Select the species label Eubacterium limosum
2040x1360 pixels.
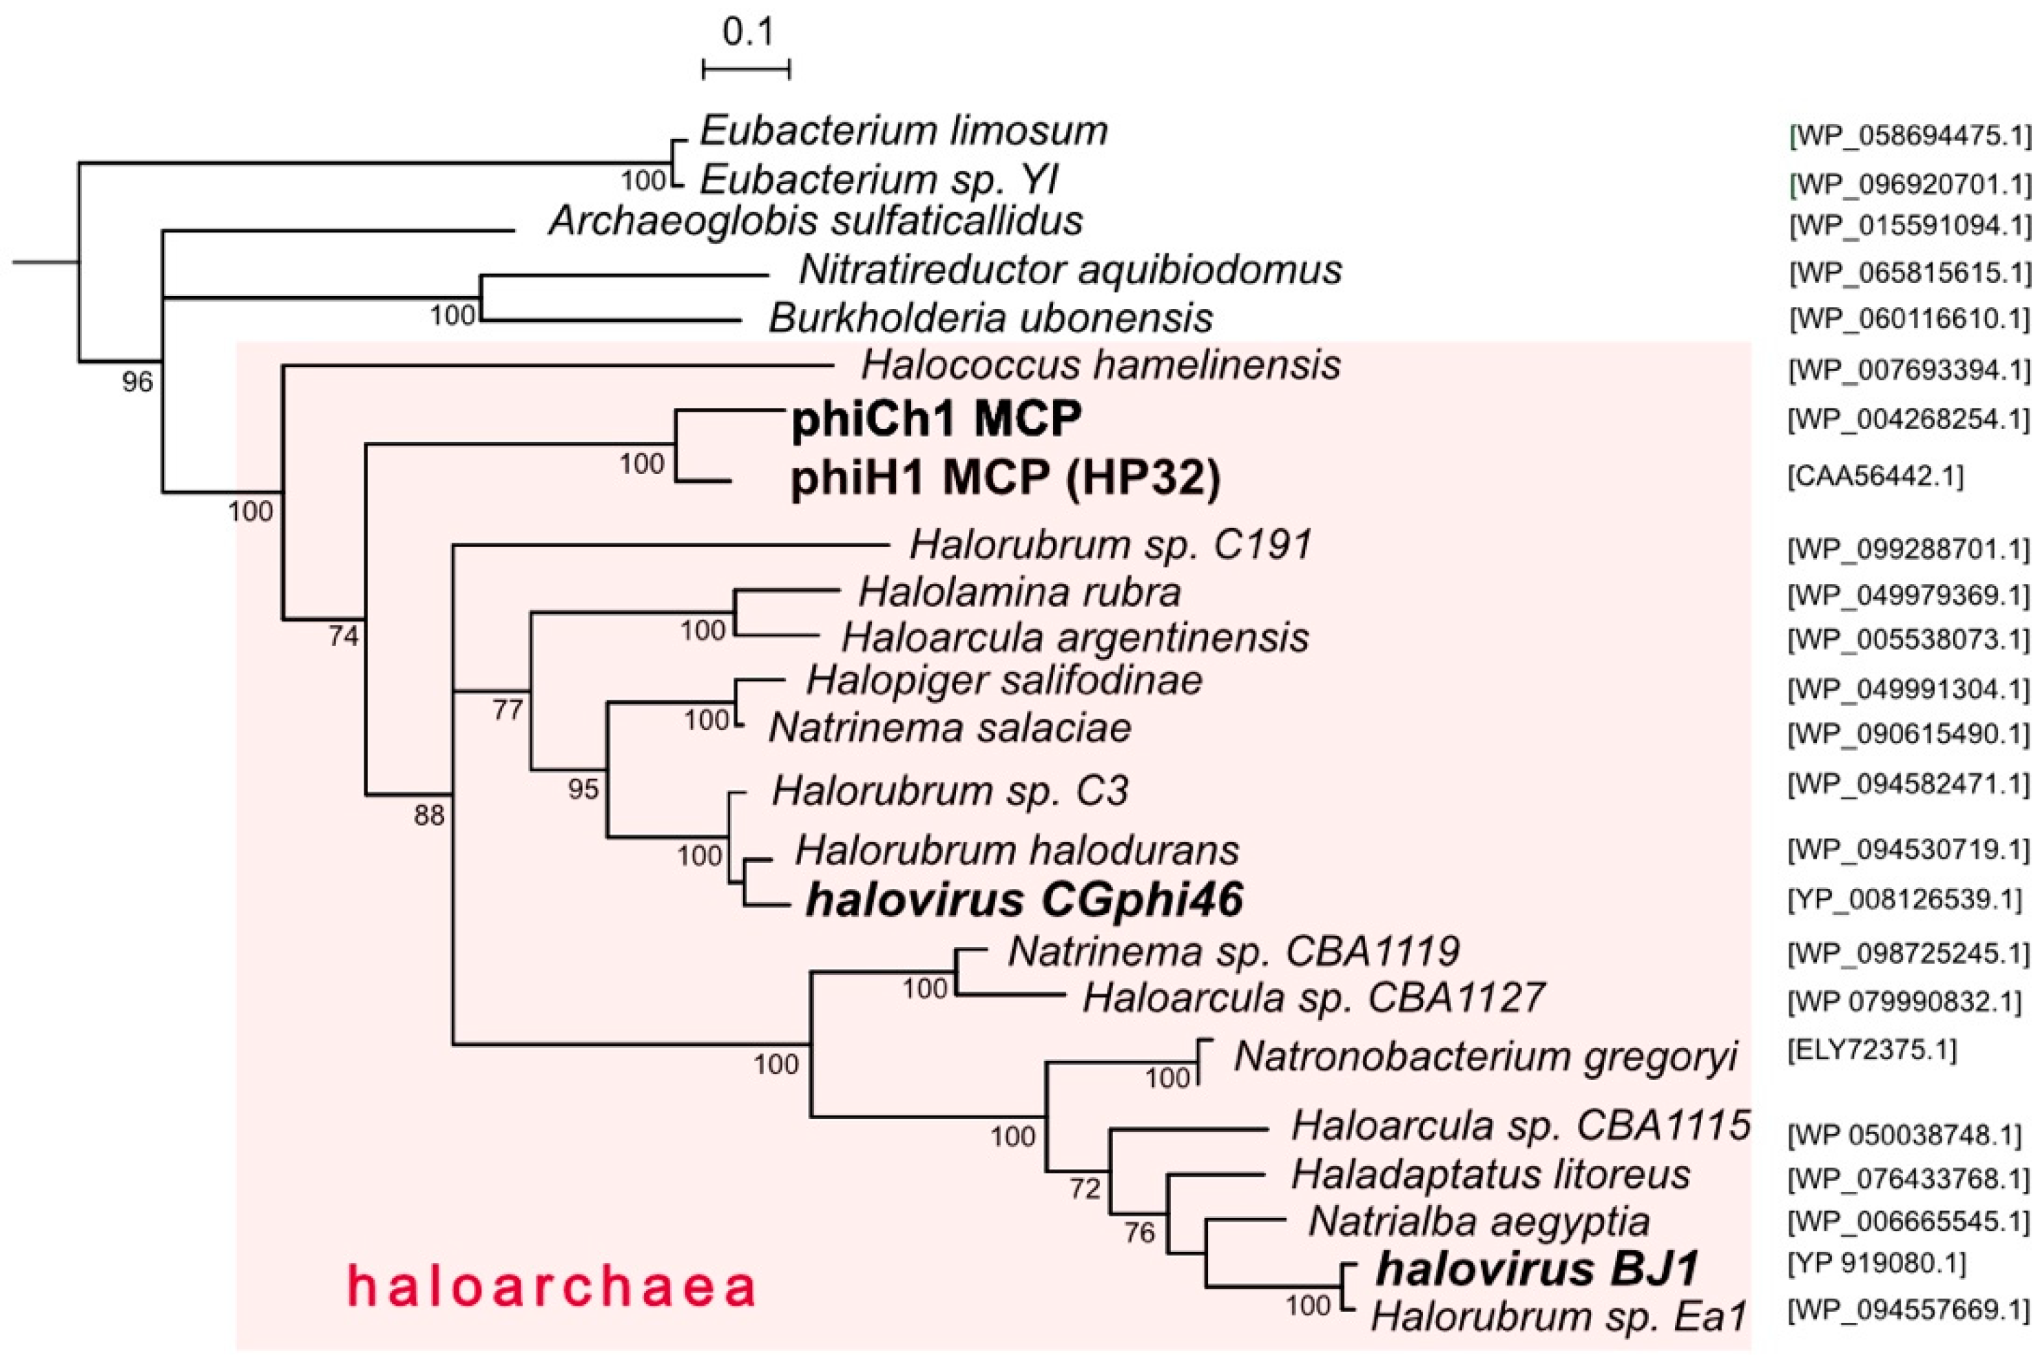904,131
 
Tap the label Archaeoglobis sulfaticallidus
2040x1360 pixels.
815,221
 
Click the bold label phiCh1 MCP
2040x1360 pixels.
936,420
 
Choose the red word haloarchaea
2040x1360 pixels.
552,1286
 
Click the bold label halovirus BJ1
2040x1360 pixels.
1537,1270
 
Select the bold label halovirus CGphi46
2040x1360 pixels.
1024,900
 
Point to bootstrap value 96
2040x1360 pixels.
137,381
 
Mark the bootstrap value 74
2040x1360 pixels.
344,638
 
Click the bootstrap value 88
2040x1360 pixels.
428,815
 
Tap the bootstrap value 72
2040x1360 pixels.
1084,1189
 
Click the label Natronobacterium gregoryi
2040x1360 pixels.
1485,1056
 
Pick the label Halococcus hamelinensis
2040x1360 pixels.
1100,365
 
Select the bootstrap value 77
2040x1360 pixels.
508,711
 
